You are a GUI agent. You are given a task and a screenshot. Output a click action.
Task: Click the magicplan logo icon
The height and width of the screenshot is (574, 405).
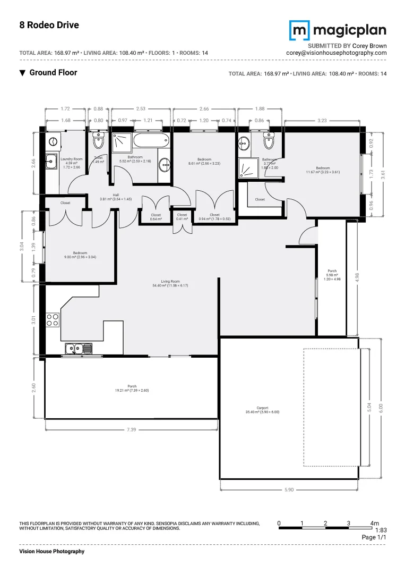300,30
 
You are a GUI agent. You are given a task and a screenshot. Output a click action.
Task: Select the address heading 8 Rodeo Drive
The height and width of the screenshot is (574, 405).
49,25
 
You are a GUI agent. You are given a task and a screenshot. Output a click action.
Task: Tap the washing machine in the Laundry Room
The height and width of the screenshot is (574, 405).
53,141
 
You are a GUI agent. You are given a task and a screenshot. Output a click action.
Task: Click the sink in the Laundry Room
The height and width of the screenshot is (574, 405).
51,161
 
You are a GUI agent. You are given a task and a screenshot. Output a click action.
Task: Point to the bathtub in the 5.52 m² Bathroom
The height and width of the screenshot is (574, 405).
151,142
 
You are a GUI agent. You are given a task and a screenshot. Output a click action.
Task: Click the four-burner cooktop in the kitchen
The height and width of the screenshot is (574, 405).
53,319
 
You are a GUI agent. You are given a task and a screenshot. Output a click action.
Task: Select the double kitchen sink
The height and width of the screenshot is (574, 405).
79,349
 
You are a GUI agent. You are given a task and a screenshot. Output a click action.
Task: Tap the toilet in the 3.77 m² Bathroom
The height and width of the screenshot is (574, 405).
269,142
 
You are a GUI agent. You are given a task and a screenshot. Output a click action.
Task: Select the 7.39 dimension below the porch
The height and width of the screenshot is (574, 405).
131,429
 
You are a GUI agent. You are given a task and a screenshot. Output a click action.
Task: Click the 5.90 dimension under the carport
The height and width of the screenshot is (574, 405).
288,489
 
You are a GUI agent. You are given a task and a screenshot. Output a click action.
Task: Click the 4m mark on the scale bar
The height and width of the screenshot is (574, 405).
374,524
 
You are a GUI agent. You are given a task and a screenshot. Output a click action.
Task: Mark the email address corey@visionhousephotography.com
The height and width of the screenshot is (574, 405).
336,53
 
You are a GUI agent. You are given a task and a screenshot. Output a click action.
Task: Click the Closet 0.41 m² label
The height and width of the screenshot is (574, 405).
182,217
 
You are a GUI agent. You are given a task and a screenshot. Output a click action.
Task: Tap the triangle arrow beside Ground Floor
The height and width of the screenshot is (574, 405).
22,73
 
